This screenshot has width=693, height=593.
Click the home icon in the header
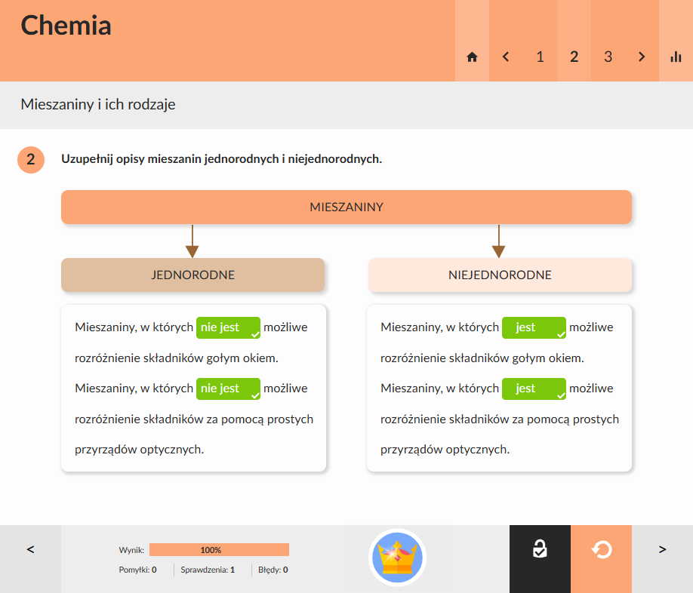tap(472, 57)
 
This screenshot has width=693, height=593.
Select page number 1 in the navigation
tap(540, 57)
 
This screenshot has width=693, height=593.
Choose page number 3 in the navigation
tap(608, 57)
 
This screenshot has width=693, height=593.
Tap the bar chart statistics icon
tap(676, 57)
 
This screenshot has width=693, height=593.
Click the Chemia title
tap(66, 25)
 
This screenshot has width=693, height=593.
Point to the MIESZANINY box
tap(346, 207)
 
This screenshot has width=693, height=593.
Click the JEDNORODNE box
tap(192, 275)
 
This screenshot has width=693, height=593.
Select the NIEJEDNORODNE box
tap(500, 275)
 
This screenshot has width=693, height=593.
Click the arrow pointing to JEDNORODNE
tap(192, 241)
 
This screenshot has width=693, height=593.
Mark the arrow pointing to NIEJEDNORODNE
tap(498, 241)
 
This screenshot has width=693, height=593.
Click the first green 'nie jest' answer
tap(228, 327)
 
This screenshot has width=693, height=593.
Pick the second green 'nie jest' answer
tap(228, 389)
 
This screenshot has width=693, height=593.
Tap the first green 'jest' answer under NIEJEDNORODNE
tap(534, 327)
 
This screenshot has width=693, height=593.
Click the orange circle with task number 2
tap(31, 159)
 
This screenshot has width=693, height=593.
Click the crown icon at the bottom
tap(397, 558)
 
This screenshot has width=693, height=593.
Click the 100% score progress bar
tap(219, 550)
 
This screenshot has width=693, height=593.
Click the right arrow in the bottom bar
tap(662, 550)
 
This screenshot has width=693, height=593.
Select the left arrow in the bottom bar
tap(30, 550)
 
